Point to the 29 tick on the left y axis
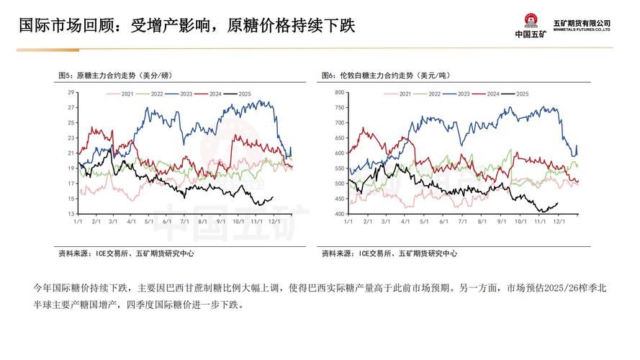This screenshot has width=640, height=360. tap(71, 93)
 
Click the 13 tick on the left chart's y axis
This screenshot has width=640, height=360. tap(71, 215)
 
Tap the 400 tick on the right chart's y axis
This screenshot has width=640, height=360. tap(340, 215)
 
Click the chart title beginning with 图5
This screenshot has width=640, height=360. tap(115, 76)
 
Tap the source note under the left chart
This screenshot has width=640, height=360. tap(126, 253)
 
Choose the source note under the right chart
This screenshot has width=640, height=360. tap(389, 253)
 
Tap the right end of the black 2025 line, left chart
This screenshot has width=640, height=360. tap(273, 197)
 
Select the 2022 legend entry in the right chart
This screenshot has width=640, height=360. tap(434, 94)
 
